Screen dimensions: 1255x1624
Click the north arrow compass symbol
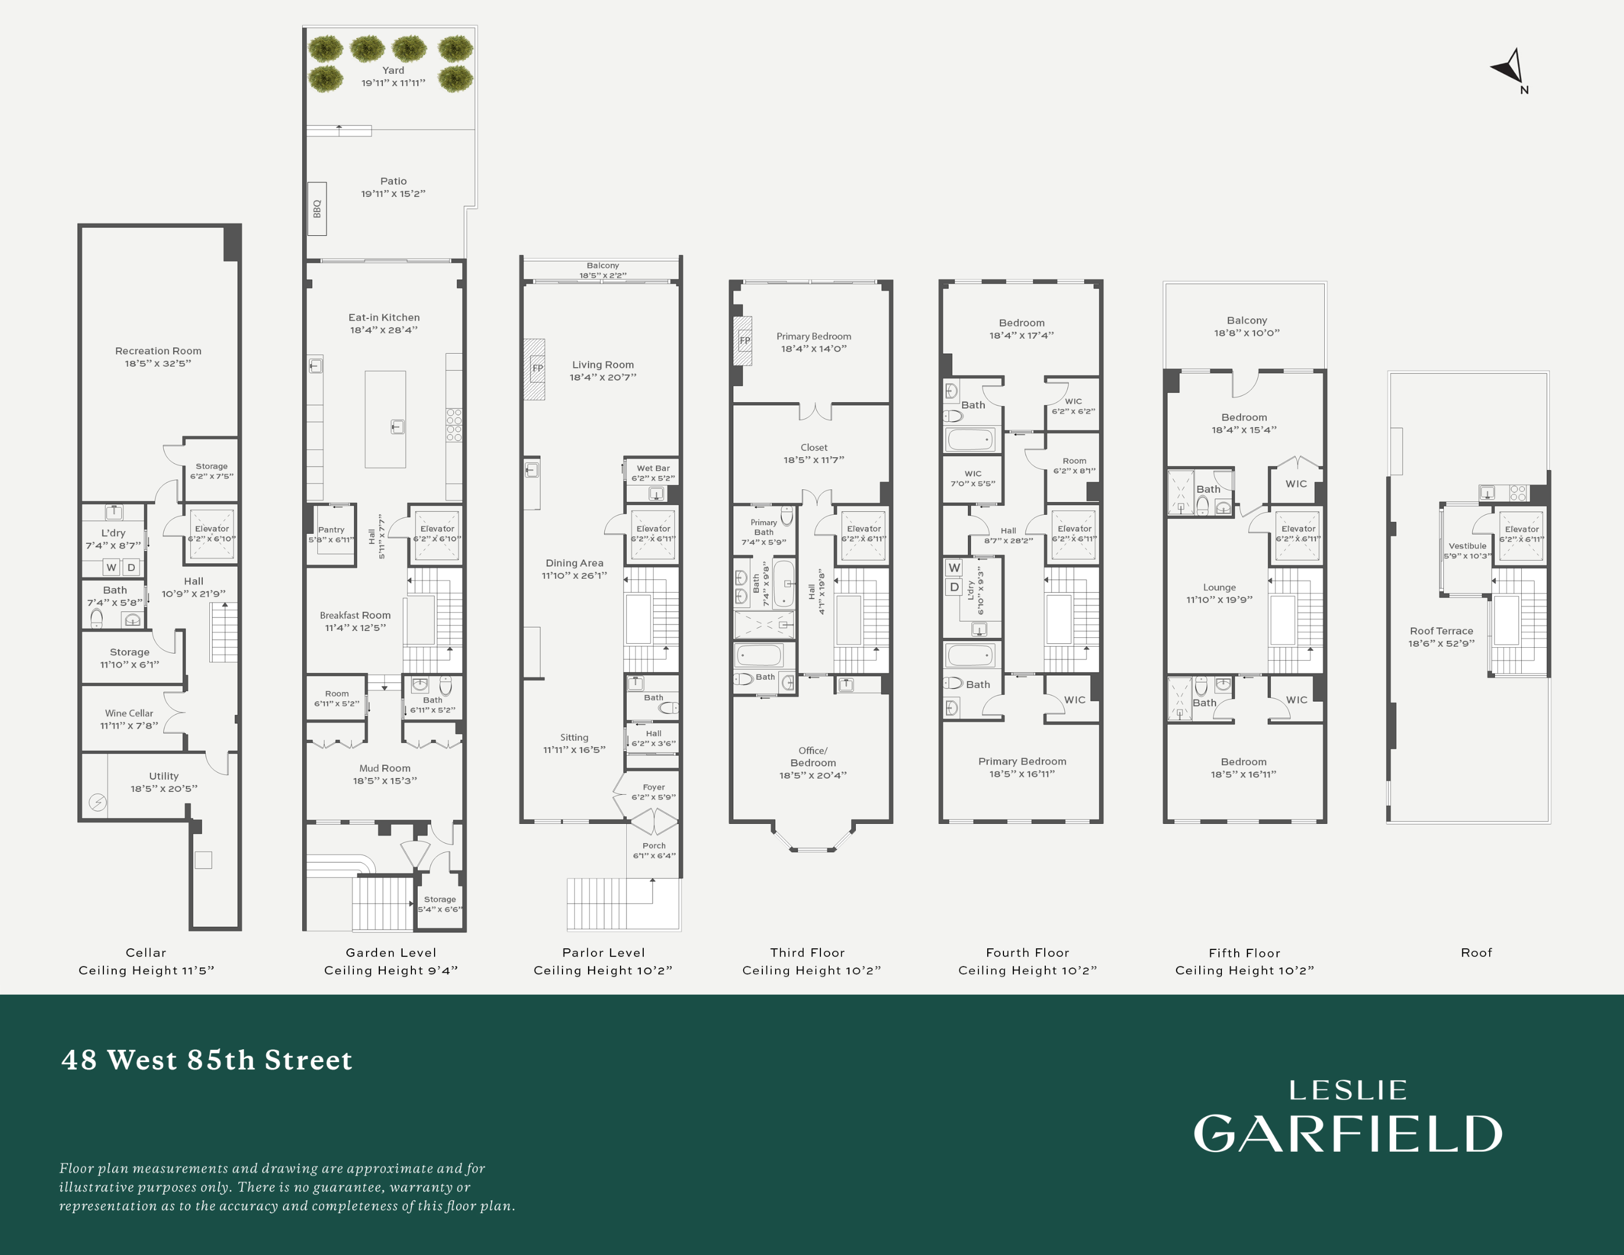pyautogui.click(x=1510, y=69)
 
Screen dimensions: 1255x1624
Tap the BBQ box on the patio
pyautogui.click(x=317, y=209)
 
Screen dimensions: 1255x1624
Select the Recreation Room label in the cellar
pyautogui.click(x=157, y=351)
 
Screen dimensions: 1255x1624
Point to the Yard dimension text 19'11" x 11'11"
pyautogui.click(x=393, y=83)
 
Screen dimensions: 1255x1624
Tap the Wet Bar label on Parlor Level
pyautogui.click(x=653, y=468)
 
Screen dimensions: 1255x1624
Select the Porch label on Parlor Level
pyautogui.click(x=654, y=845)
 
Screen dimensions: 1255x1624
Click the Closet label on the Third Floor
pyautogui.click(x=813, y=447)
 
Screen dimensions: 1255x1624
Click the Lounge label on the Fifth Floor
pyautogui.click(x=1220, y=587)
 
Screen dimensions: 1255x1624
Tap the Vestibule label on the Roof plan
pyautogui.click(x=1467, y=546)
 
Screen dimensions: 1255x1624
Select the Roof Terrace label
pyautogui.click(x=1441, y=631)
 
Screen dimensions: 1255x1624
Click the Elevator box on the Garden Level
pyautogui.click(x=436, y=535)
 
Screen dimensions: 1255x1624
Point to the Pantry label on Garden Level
pyautogui.click(x=331, y=530)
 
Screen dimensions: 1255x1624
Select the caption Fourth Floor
pyautogui.click(x=1027, y=952)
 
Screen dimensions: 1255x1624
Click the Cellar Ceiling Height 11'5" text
pyautogui.click(x=146, y=970)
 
